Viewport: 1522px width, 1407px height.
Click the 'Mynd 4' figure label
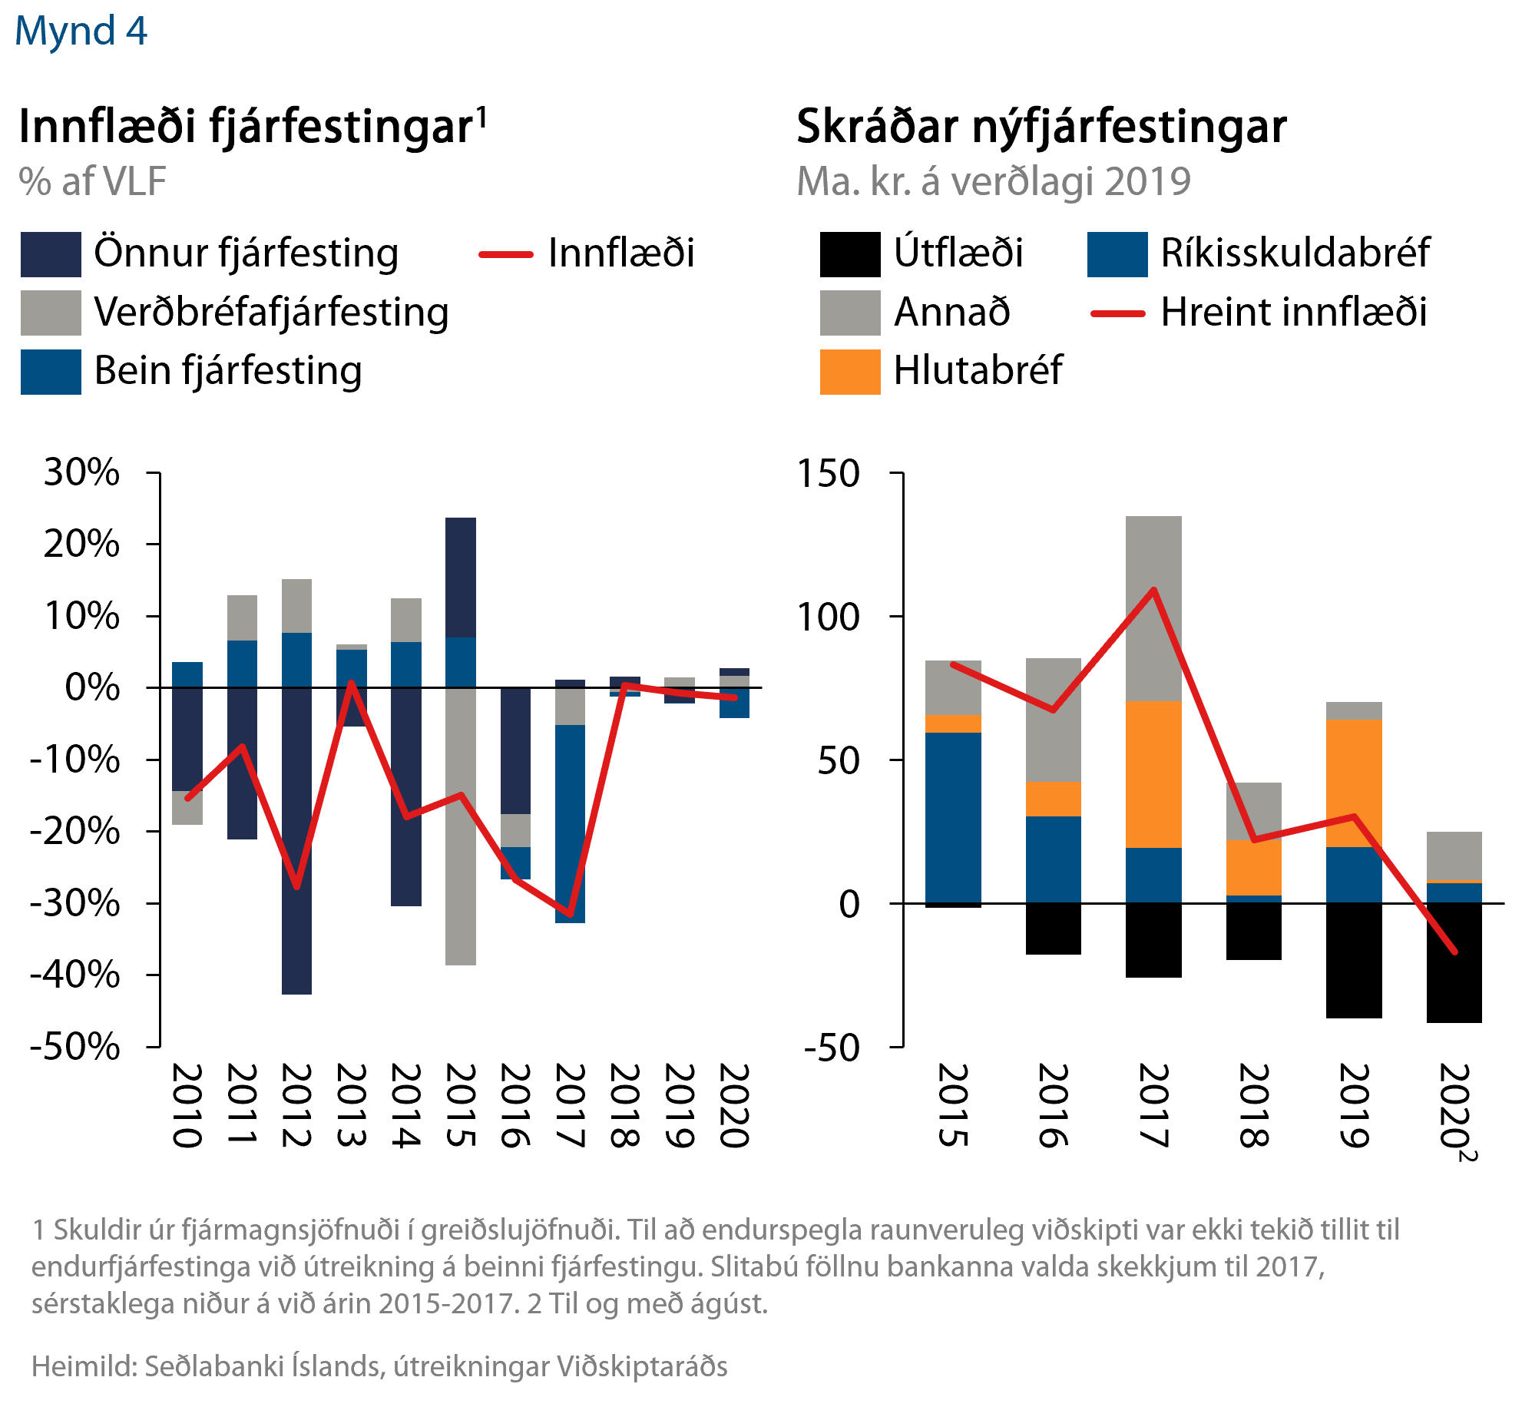[x=81, y=31]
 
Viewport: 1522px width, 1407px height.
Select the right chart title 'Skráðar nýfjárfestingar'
[x=1041, y=127]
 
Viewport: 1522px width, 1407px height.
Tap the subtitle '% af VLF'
[x=92, y=182]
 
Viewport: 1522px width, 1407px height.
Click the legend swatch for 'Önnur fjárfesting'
[x=51, y=254]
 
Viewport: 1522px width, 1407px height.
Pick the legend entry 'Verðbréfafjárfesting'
[x=271, y=313]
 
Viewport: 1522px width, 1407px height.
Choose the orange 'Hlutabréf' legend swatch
[x=849, y=372]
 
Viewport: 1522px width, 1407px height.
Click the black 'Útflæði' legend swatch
[x=849, y=254]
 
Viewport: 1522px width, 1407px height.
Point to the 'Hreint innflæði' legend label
[x=1293, y=313]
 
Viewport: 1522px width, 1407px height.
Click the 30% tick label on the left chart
[x=81, y=472]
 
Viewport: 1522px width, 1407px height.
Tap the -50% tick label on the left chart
[x=75, y=1046]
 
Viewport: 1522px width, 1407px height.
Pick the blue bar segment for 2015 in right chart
[x=953, y=817]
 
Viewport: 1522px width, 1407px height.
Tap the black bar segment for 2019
[x=1354, y=960]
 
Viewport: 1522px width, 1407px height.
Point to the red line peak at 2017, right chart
[x=1153, y=590]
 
